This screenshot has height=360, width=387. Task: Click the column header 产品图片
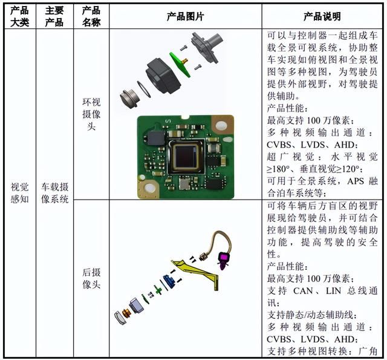click(186, 17)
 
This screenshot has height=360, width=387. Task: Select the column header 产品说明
click(322, 17)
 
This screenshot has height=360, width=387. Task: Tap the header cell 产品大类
click(19, 16)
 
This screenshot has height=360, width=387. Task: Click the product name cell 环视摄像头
click(91, 114)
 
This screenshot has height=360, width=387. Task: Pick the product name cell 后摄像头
click(91, 279)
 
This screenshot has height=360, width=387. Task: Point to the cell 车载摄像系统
click(55, 193)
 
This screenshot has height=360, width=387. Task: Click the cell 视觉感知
click(19, 193)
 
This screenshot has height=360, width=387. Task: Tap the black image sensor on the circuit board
click(186, 156)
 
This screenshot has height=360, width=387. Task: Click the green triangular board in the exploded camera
click(180, 64)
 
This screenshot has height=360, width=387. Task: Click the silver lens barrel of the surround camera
click(129, 99)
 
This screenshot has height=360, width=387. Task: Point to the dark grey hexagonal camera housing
click(163, 76)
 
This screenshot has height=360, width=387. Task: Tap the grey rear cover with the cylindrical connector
click(207, 47)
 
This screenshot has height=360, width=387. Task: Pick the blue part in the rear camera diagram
click(170, 281)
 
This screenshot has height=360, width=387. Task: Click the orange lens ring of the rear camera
click(126, 313)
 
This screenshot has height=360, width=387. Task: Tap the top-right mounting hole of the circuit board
click(221, 126)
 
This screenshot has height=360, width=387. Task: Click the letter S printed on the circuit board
click(169, 121)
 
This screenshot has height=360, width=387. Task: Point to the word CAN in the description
click(303, 291)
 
